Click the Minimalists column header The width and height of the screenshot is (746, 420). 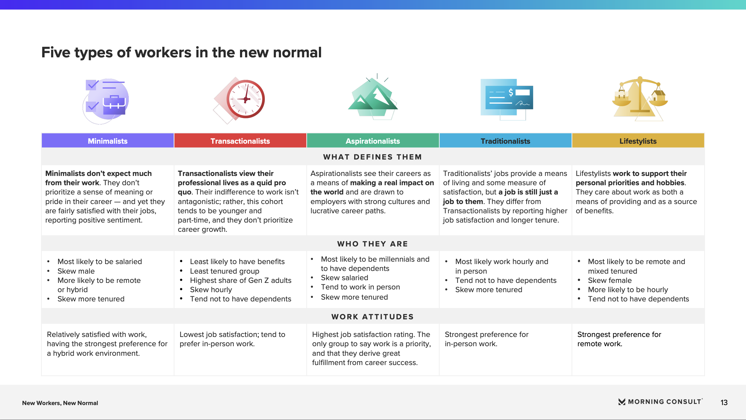(108, 141)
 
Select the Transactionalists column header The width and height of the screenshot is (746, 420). (240, 141)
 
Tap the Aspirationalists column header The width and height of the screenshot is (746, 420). (373, 141)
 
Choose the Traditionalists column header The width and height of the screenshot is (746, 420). (505, 141)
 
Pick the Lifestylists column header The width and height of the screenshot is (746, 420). (638, 141)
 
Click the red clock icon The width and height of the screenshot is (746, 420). (245, 99)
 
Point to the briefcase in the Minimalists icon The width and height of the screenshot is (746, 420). (114, 105)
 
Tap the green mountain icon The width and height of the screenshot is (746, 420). (373, 97)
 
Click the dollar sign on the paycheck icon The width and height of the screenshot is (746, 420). (511, 93)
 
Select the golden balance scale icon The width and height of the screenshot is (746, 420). (640, 99)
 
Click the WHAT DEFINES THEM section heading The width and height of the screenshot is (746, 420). (372, 157)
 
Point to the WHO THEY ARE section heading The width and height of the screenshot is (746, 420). (372, 244)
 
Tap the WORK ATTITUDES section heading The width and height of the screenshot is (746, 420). (372, 317)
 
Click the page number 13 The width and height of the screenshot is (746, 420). (724, 402)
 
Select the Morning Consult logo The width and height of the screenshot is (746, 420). (661, 402)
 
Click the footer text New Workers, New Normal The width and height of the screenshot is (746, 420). (60, 403)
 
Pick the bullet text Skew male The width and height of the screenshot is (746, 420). (76, 271)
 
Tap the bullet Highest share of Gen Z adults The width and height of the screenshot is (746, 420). (241, 280)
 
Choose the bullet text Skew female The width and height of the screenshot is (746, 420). (610, 280)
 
